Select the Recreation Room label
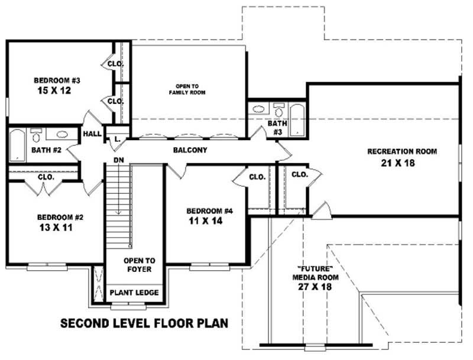[x=402, y=151]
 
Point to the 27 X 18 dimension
[x=316, y=287]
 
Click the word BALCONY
[x=190, y=150]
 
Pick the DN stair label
[x=118, y=160]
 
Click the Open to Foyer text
[x=139, y=264]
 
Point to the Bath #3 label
[x=277, y=128]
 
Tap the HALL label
[x=92, y=134]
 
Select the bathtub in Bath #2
[x=16, y=144]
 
